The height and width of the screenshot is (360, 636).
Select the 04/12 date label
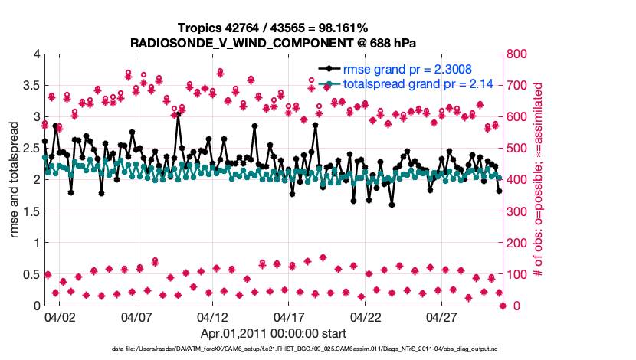click(x=212, y=316)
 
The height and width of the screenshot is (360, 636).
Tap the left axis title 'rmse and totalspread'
click(x=15, y=179)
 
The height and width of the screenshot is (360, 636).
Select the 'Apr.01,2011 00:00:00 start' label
click(x=274, y=333)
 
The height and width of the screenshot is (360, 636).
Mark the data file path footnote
click(x=317, y=349)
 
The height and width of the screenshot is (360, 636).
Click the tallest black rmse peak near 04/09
click(x=178, y=115)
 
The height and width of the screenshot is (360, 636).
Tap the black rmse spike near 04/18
click(x=315, y=125)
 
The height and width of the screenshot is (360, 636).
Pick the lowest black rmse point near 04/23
click(x=392, y=204)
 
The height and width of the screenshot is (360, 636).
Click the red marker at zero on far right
click(x=503, y=306)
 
